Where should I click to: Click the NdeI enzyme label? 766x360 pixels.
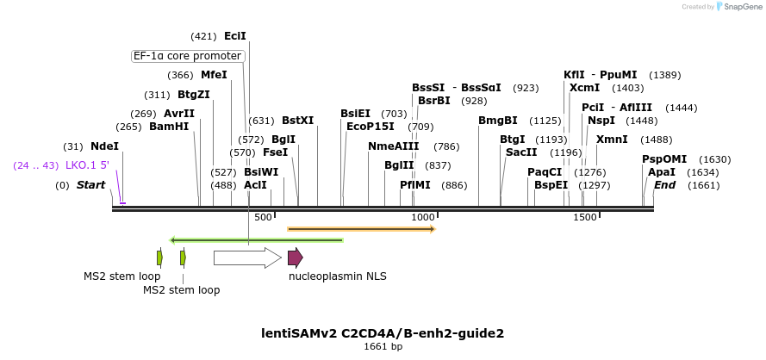tap(104, 146)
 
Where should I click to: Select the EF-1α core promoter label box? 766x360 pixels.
tap(187, 56)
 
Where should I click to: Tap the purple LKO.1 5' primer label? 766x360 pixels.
tap(87, 165)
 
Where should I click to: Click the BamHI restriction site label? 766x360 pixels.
tap(169, 127)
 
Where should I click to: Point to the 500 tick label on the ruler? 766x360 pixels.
tap(264, 217)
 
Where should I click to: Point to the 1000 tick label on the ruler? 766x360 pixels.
tap(423, 217)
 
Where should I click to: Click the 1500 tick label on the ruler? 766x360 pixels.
tap(585, 217)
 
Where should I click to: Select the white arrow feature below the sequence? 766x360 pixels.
tap(247, 257)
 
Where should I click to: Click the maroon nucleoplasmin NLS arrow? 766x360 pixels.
tap(295, 257)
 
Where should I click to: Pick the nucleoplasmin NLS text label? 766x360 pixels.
tap(338, 276)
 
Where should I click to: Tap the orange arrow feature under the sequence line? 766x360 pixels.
tap(361, 229)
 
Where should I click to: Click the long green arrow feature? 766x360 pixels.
tap(257, 239)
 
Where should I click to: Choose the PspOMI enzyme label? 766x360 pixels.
tap(664, 159)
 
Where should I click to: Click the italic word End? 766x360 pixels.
tap(664, 185)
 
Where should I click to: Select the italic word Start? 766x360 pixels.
tap(90, 185)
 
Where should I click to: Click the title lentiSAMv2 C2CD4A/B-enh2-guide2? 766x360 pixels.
tap(383, 332)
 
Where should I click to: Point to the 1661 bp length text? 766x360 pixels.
tap(383, 347)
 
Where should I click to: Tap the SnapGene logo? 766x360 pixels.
tap(739, 7)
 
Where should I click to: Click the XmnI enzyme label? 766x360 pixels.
tap(612, 140)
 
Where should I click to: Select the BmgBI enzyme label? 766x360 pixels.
tap(498, 121)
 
